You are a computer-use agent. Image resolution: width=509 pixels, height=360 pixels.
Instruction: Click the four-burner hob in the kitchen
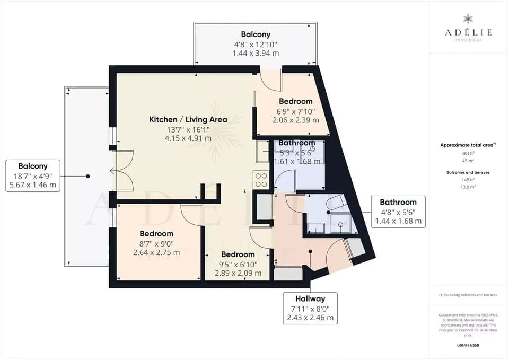[x=261, y=180]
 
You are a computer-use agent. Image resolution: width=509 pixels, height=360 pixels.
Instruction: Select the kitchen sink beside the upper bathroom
[x=262, y=151]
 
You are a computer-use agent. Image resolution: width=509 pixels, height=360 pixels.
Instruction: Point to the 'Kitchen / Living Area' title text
[x=188, y=119]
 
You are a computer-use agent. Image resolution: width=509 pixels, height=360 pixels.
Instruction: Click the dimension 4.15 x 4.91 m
[x=188, y=138]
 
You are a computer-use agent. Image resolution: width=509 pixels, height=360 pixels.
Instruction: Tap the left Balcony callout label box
[x=33, y=175]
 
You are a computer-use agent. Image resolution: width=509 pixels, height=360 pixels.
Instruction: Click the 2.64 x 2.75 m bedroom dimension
[x=156, y=252]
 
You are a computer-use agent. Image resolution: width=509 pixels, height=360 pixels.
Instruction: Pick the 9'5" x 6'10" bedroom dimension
[x=238, y=264]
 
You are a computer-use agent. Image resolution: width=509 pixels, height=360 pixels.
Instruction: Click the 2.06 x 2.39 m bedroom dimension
[x=296, y=120]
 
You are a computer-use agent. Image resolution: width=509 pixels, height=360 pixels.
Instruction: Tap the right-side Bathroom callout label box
[x=398, y=212]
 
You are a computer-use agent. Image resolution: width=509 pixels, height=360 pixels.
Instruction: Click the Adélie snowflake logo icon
[x=468, y=19]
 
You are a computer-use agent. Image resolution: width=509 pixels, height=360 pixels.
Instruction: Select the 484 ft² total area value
[x=468, y=153]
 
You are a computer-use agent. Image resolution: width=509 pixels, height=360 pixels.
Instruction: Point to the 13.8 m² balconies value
[x=468, y=187]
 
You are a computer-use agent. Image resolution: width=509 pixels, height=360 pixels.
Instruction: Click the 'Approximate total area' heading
[x=468, y=145]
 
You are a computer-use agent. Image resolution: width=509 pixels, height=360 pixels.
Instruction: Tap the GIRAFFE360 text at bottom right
[x=468, y=345]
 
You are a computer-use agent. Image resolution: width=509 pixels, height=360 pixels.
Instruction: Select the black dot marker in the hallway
[x=310, y=252]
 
